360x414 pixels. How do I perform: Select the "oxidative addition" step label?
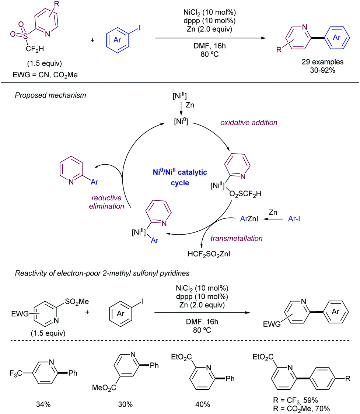249,123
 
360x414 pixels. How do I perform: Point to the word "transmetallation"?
237,238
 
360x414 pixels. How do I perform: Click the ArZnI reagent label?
247,220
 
